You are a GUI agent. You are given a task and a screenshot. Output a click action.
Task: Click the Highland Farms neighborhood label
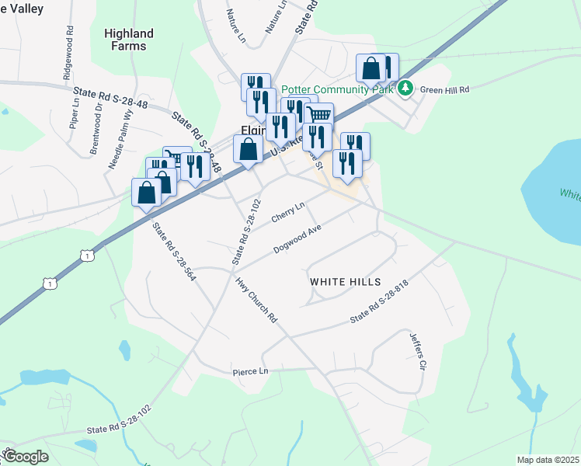128,40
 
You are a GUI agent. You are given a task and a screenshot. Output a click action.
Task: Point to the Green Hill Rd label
445,89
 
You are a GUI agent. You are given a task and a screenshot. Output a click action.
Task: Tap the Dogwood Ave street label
297,239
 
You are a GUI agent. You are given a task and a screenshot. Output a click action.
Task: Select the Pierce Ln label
250,372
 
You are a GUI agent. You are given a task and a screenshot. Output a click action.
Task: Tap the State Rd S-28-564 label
173,252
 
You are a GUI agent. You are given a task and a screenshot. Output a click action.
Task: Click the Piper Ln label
74,118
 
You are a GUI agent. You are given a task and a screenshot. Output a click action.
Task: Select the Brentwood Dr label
96,128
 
